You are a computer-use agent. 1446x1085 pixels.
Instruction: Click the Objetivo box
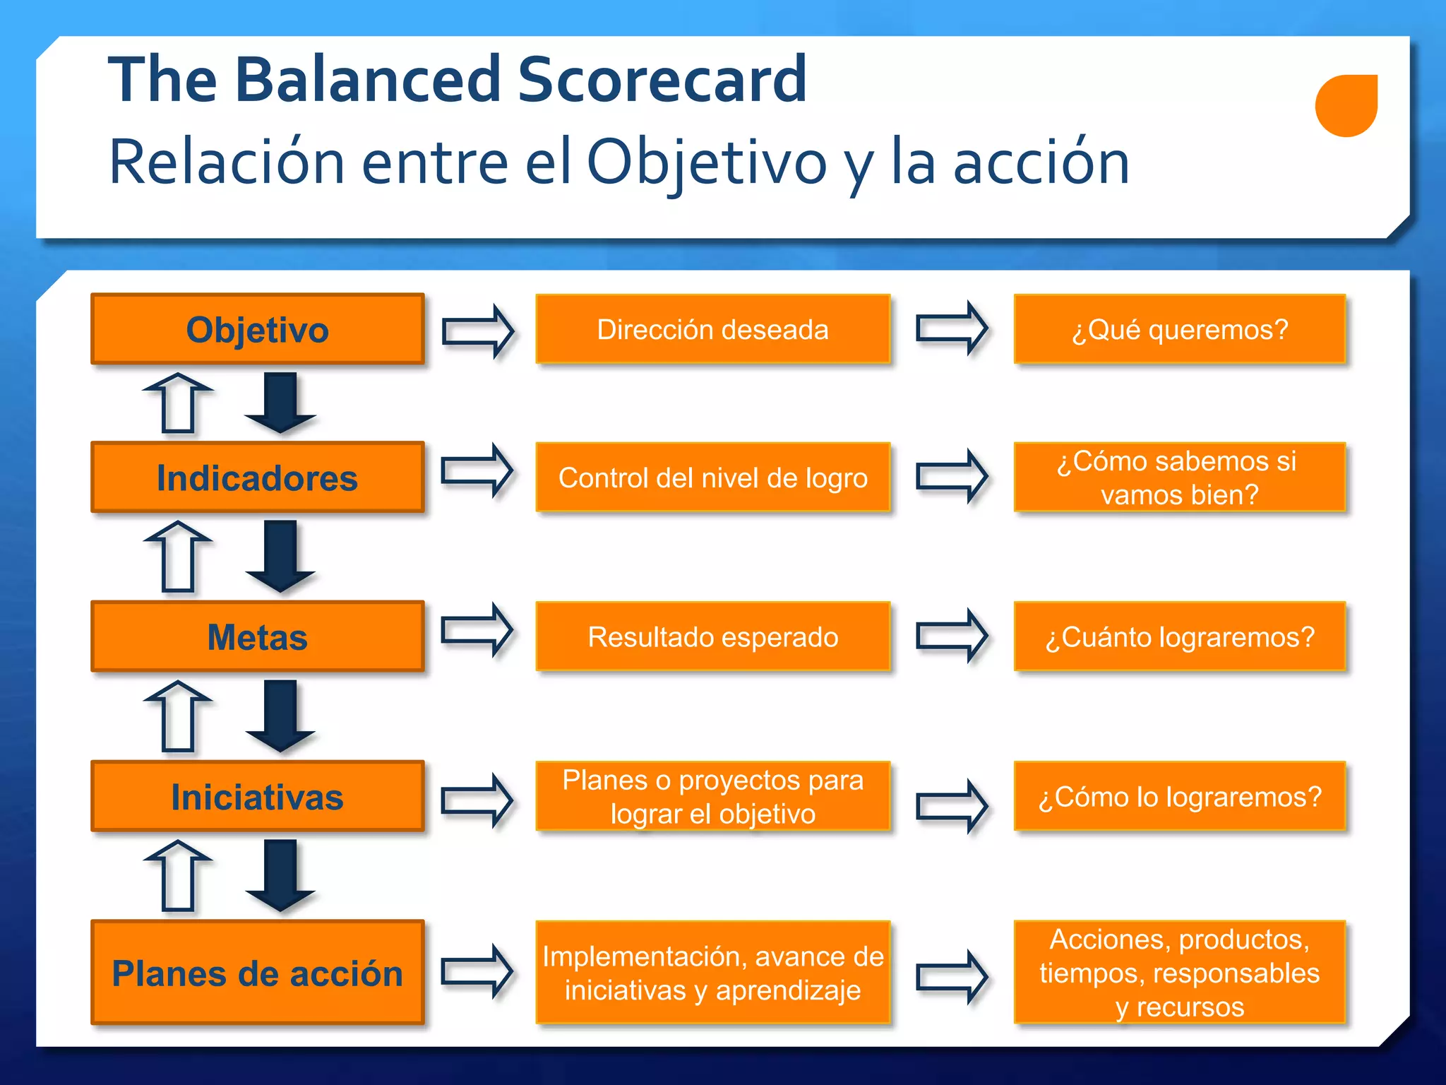(258, 329)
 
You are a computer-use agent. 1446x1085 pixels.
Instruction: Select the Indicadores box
(258, 478)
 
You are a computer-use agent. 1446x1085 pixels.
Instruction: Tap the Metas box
(258, 636)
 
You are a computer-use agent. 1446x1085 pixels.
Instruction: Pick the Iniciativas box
(258, 796)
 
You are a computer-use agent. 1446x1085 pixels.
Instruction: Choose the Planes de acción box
(258, 973)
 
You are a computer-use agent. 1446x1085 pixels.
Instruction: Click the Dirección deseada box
(712, 329)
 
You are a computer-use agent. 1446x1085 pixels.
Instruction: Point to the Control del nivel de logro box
(712, 478)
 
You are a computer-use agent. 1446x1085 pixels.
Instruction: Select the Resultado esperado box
(712, 636)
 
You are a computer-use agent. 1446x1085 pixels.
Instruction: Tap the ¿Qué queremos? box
(1180, 329)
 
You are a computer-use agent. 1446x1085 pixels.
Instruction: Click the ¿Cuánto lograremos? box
(1180, 636)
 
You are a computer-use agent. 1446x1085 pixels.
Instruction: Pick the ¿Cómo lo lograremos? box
(1180, 796)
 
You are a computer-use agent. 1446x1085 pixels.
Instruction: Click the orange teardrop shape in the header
(1347, 105)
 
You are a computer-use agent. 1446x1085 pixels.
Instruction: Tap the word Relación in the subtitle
(227, 162)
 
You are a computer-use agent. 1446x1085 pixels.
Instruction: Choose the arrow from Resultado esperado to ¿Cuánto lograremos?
(952, 636)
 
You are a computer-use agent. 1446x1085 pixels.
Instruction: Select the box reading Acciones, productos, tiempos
(1180, 973)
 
